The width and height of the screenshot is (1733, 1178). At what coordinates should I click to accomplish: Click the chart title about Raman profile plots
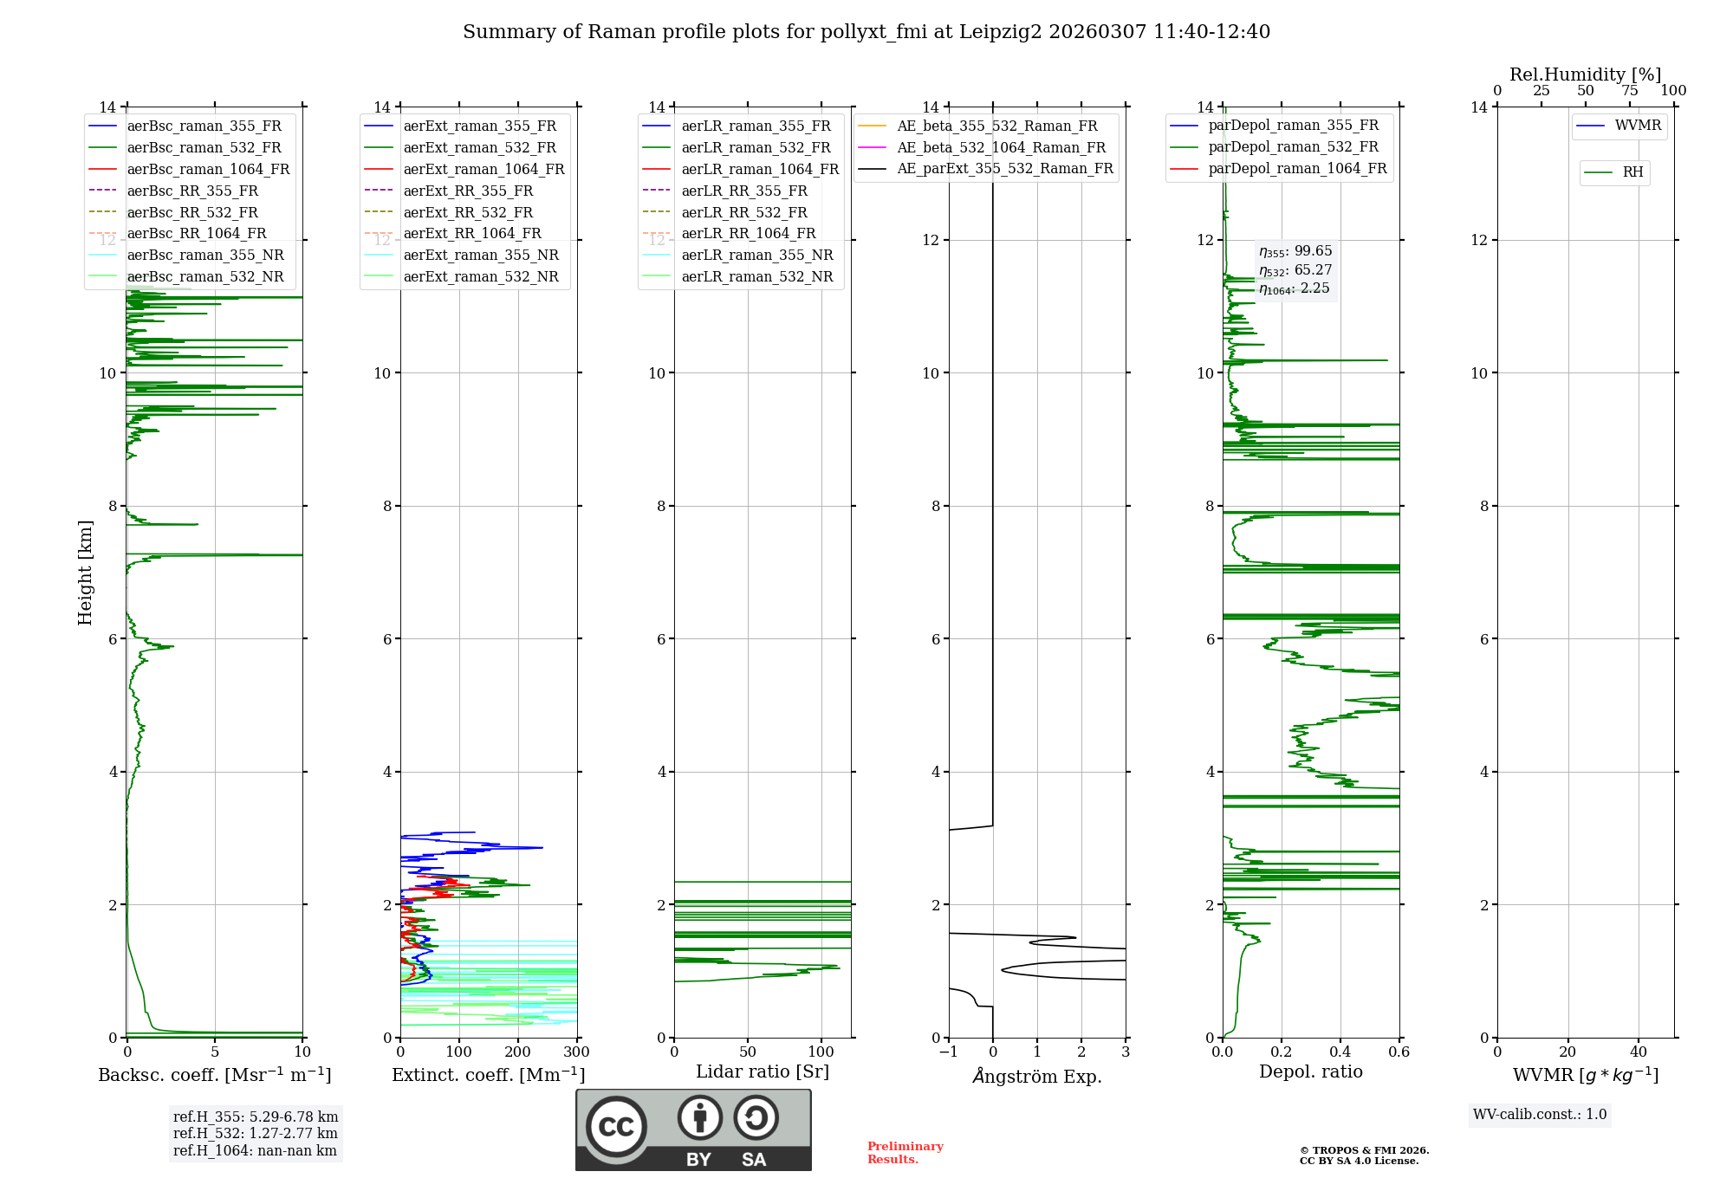point(866,32)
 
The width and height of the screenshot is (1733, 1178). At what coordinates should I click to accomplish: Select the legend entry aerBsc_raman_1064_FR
point(208,169)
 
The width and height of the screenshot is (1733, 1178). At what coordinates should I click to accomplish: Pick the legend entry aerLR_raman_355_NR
point(756,255)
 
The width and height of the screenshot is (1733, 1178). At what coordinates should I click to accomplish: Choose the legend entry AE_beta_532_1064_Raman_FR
point(1001,147)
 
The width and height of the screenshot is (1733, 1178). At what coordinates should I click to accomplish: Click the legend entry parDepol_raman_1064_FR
point(1297,168)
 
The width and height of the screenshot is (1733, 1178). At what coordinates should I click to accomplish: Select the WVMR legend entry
point(1638,126)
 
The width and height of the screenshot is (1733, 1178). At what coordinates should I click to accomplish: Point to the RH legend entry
point(1632,172)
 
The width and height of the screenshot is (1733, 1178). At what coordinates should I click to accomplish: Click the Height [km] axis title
point(85,572)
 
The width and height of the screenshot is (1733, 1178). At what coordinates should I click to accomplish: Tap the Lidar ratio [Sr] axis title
point(763,1071)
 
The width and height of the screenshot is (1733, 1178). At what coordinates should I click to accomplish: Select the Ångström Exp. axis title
point(1037,1076)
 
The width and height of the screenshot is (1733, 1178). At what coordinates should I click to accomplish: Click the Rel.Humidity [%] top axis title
point(1585,74)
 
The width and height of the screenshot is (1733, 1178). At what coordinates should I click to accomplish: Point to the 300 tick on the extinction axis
point(576,1052)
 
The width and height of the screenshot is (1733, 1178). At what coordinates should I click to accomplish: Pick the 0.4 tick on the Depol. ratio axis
point(1340,1052)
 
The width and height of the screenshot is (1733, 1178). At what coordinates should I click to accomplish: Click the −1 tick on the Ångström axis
point(949,1052)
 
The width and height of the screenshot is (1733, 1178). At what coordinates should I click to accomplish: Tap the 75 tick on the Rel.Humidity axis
point(1629,91)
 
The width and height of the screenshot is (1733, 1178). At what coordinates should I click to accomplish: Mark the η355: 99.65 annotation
point(1295,251)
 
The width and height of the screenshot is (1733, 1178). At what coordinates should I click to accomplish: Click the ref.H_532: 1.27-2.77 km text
point(255,1133)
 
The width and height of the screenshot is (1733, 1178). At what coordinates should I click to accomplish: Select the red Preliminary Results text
point(905,1152)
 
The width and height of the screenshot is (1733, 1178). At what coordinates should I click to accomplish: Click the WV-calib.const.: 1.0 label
point(1540,1115)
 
